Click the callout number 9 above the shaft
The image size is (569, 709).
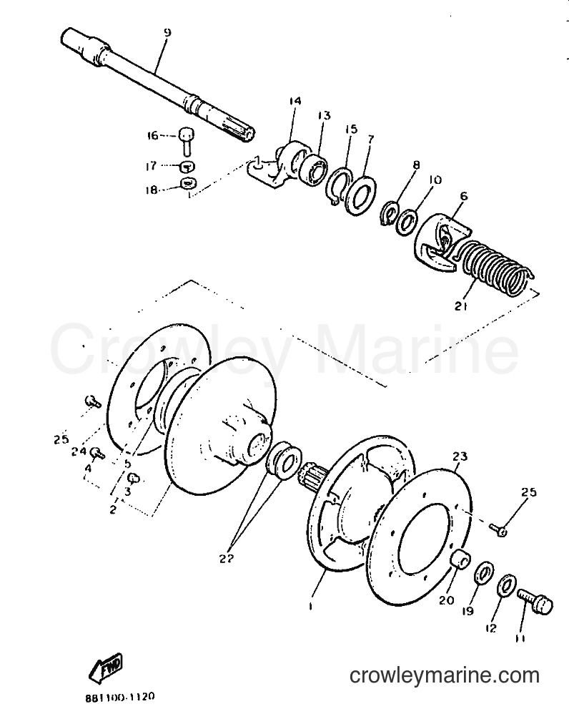click(167, 33)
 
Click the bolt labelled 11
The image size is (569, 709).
click(535, 602)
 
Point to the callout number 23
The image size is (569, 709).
click(460, 456)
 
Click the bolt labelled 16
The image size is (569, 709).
click(186, 140)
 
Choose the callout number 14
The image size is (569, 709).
click(295, 101)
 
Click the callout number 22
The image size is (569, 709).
click(227, 559)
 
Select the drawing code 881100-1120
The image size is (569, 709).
click(121, 697)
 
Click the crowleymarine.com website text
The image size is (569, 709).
click(445, 675)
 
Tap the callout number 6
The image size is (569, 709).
click(464, 196)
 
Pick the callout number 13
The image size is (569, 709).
click(324, 115)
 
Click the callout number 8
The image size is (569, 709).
click(416, 165)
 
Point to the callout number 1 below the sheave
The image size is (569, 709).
click(310, 607)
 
